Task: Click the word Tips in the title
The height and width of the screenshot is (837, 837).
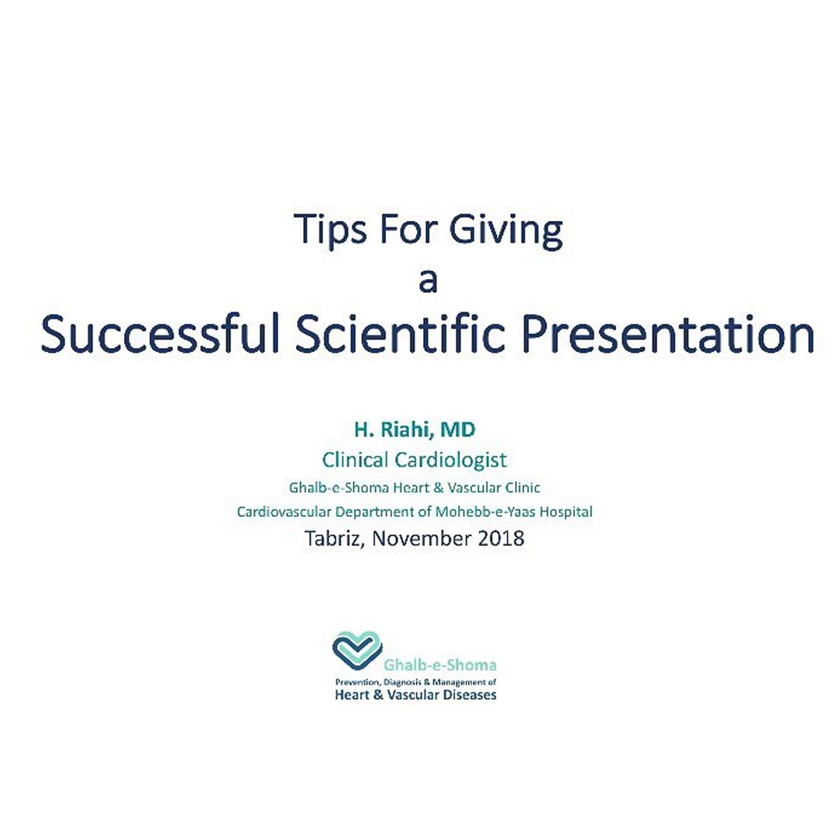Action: coord(330,229)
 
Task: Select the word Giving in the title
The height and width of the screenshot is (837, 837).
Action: coord(506,231)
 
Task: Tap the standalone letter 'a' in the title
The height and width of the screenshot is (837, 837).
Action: coord(428,281)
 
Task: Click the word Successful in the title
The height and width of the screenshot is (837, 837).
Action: coord(160,334)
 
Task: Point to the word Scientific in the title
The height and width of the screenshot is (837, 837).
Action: coord(401,334)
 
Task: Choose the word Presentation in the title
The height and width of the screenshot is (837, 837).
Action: coord(667,334)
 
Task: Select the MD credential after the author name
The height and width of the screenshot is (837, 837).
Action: coord(457,429)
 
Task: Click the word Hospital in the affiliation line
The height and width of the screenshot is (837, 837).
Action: coord(566,512)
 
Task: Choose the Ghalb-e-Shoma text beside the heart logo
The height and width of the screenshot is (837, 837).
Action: coord(440,665)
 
